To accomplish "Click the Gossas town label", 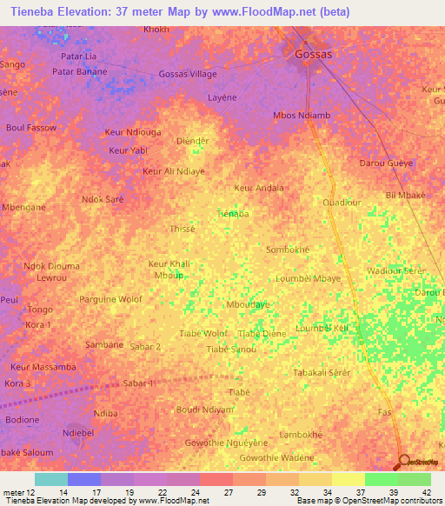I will coord(314,53).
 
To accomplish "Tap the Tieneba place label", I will coord(234,213).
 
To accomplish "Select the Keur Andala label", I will coord(259,188).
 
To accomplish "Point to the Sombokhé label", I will coord(288,249).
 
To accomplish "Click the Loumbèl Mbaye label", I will coord(308,279).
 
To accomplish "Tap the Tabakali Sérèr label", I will coord(322,372).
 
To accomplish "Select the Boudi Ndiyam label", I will coord(205,409).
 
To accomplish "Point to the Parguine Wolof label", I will coord(110,300).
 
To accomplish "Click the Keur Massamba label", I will coord(43,367).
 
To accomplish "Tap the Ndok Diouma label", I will coord(52,266).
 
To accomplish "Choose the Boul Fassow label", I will coord(31,128).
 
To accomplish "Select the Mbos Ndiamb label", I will coord(302,116).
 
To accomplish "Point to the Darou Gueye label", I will coord(386,163).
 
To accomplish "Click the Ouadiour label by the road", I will coord(342,203).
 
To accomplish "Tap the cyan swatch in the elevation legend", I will coord(51,479).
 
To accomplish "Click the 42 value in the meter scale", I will coord(427,492).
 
